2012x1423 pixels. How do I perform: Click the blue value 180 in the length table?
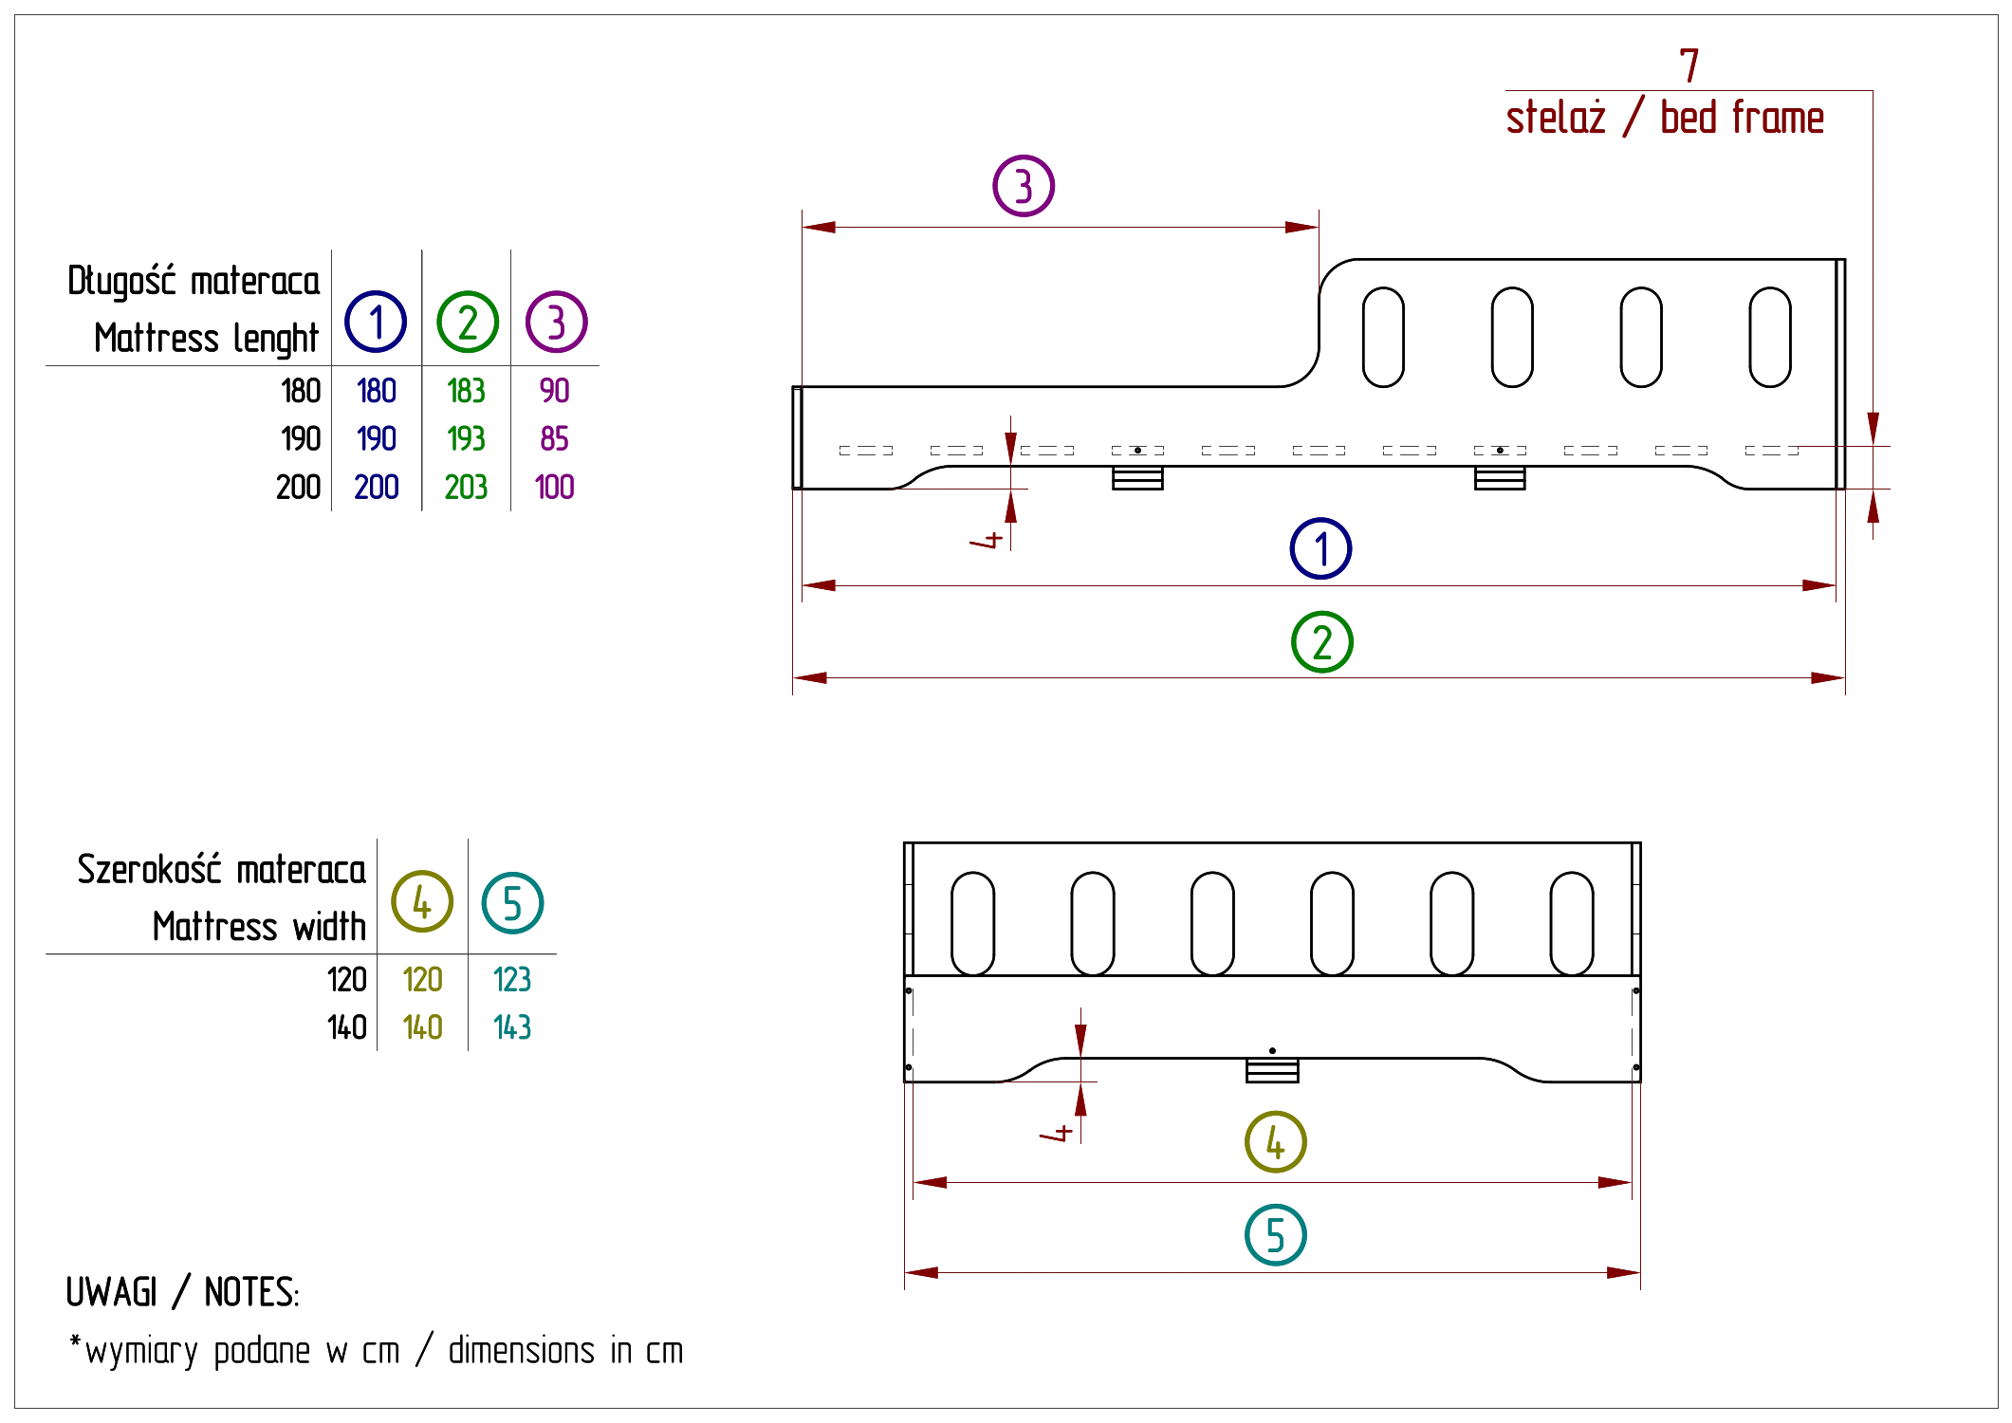(378, 391)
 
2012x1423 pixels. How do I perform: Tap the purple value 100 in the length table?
(555, 488)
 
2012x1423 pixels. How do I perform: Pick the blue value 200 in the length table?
(376, 488)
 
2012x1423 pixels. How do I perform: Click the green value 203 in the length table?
(466, 488)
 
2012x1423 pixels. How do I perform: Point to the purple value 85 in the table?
(554, 439)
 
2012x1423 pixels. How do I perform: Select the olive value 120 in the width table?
(423, 978)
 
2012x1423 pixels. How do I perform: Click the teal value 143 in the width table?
(512, 1026)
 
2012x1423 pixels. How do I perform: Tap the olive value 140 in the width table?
(423, 1026)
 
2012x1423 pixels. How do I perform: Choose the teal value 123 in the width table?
(512, 978)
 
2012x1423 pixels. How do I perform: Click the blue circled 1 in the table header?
(376, 322)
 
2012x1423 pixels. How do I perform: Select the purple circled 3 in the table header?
(557, 322)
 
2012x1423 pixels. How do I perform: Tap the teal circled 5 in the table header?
(512, 901)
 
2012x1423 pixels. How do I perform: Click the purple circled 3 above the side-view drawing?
(1023, 186)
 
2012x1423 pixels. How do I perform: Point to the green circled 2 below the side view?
(1323, 642)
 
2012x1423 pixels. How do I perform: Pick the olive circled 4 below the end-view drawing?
(1277, 1141)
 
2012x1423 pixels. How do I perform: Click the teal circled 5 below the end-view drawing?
(1277, 1235)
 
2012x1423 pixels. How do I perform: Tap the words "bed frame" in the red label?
(1744, 119)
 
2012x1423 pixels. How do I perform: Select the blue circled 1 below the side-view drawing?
(1320, 548)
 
